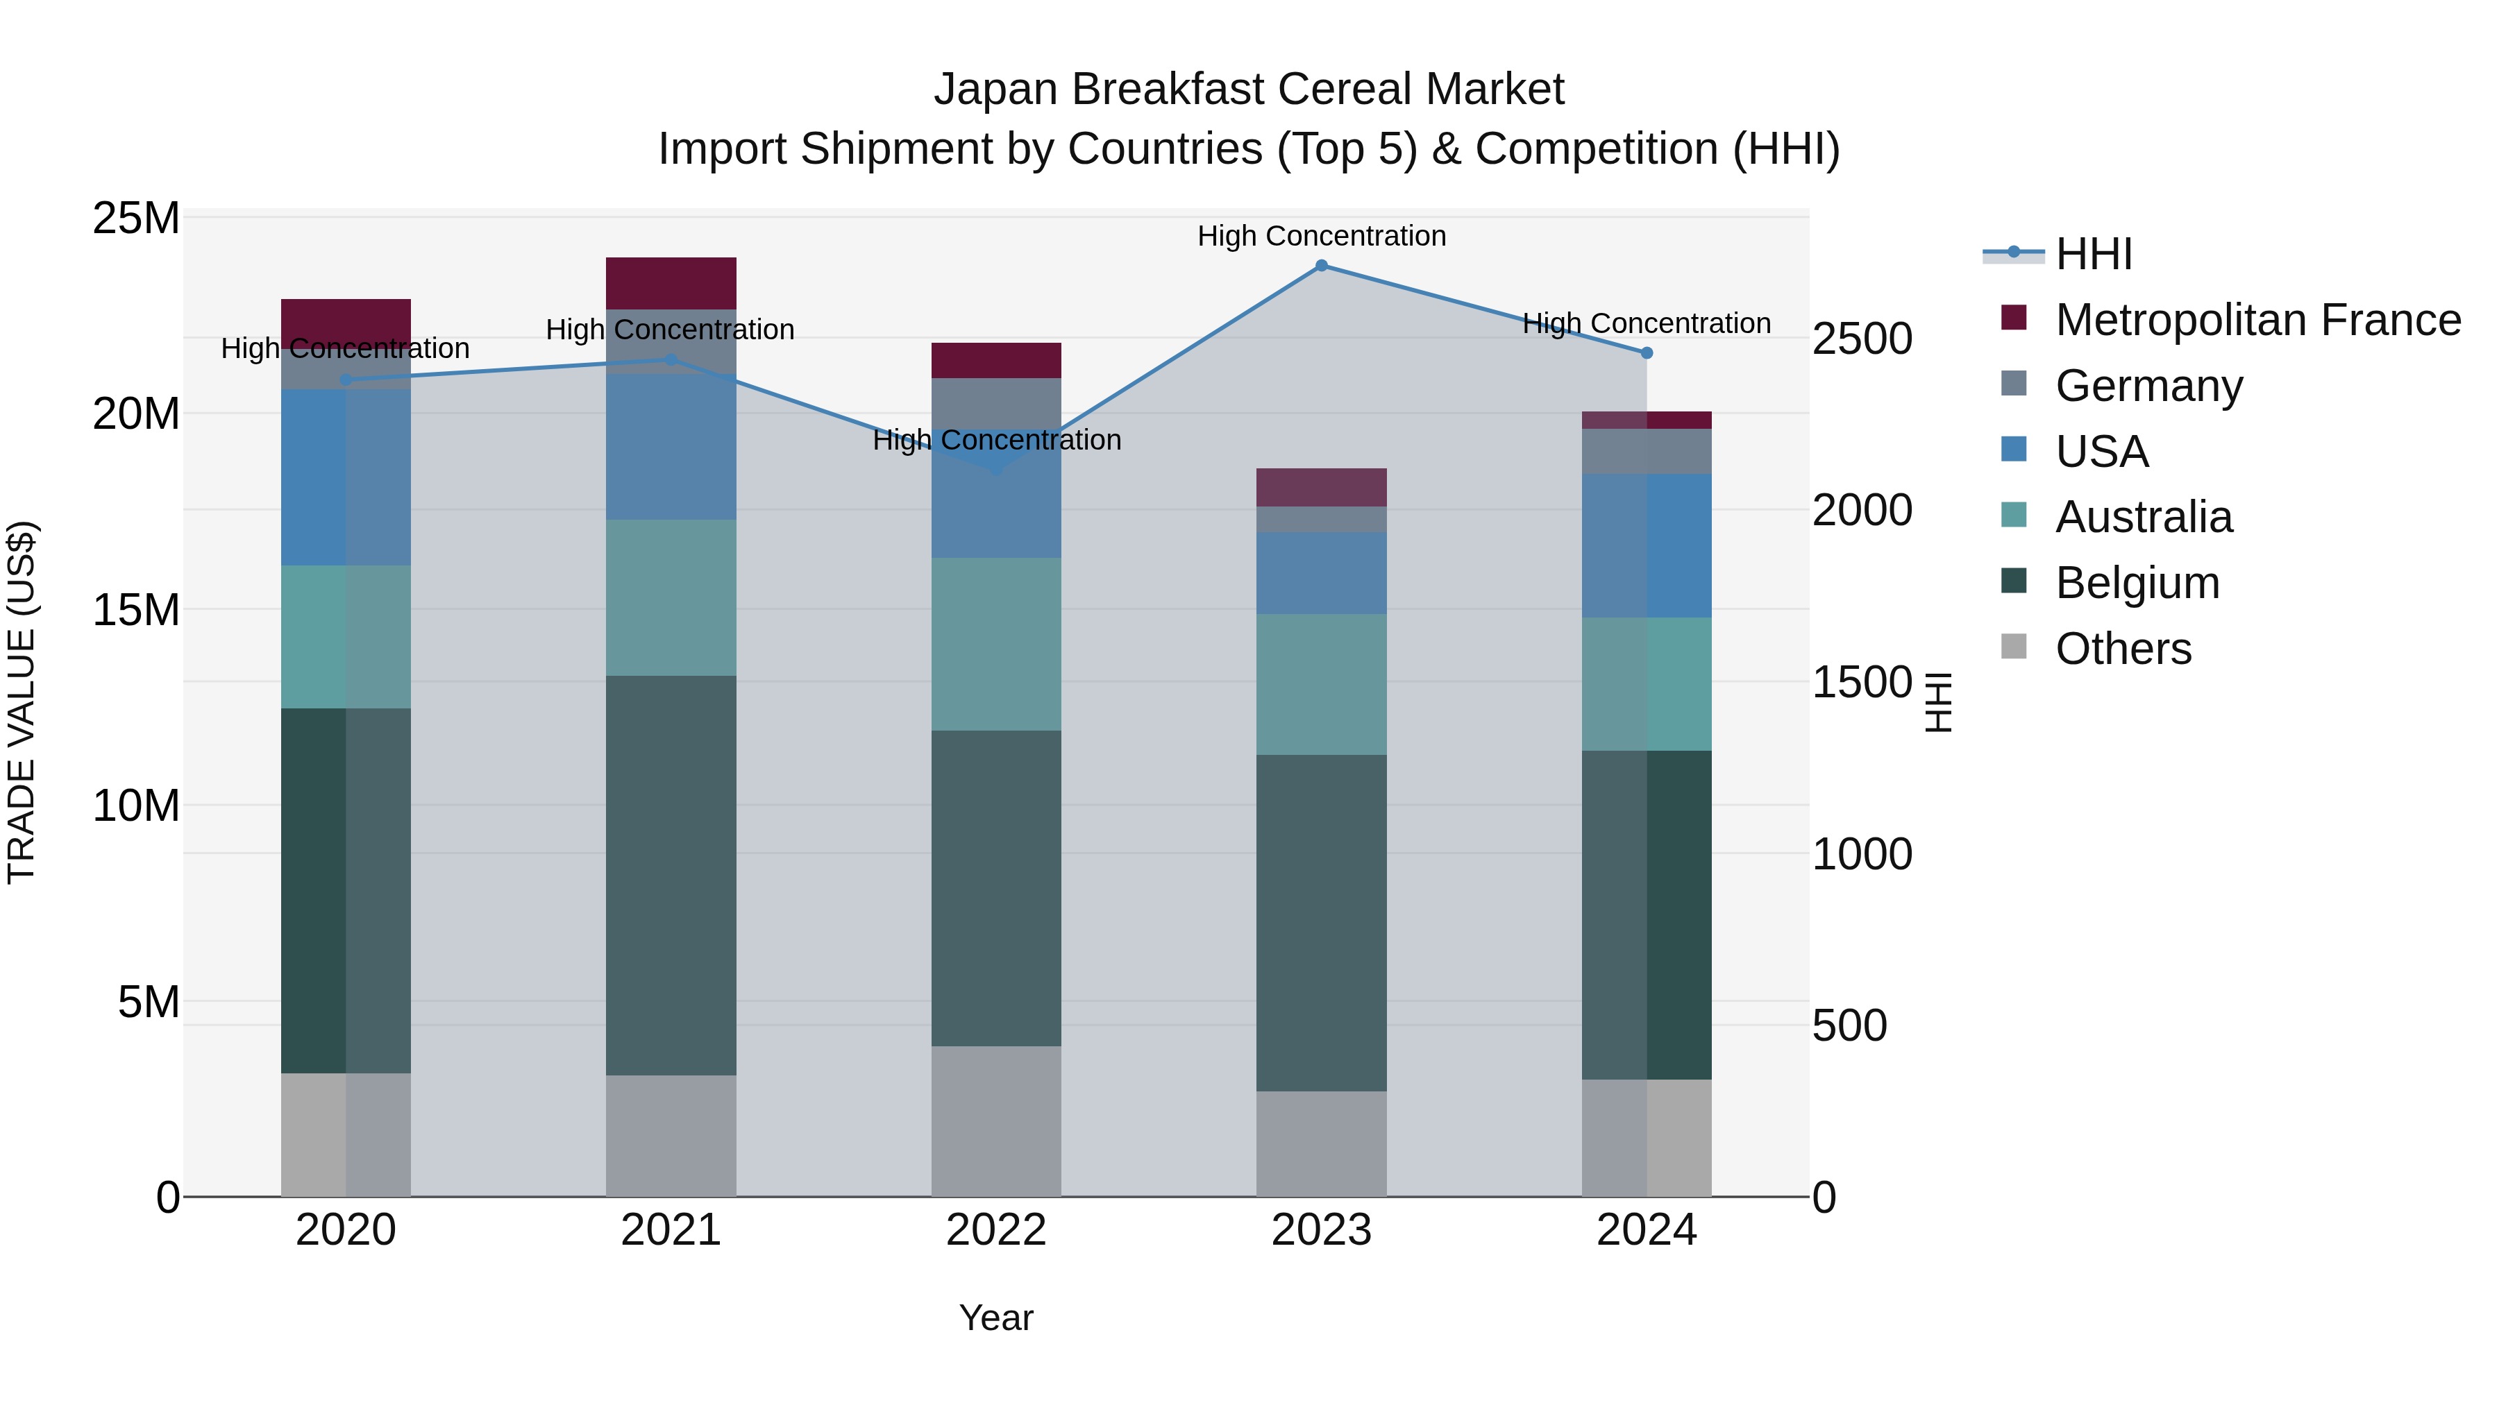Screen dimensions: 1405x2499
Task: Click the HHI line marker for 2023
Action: tap(1321, 266)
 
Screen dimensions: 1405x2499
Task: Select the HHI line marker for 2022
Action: tap(996, 469)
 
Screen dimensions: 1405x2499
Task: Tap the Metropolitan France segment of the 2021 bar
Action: tap(671, 283)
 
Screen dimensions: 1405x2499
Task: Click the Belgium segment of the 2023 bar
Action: tap(1321, 922)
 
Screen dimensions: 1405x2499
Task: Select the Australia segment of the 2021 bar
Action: tap(671, 597)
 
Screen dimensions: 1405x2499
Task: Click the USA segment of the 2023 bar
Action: tap(1321, 572)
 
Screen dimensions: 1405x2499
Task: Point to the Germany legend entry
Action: tap(2148, 386)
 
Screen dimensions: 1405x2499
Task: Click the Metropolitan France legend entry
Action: tap(2257, 320)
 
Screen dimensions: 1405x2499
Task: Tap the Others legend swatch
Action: tap(2014, 647)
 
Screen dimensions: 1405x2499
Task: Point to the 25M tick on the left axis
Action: tap(136, 219)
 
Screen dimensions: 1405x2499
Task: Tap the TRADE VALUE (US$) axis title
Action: tap(22, 702)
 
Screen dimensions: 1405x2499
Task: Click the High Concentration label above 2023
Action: tap(1321, 236)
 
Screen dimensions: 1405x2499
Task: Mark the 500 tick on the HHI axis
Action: tap(1849, 1026)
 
